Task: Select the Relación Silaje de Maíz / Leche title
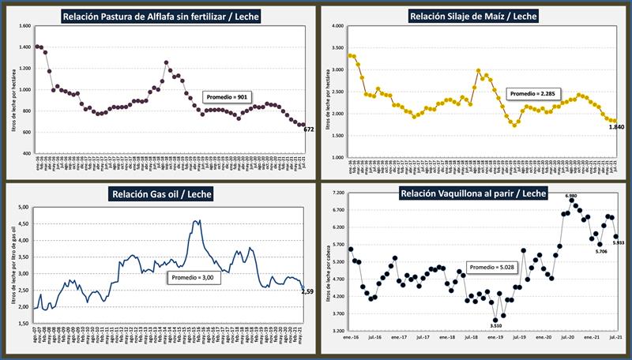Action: pyautogui.click(x=473, y=15)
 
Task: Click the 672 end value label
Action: pyautogui.click(x=309, y=129)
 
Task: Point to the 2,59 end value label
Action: pyautogui.click(x=307, y=292)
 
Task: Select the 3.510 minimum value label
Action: pyautogui.click(x=495, y=325)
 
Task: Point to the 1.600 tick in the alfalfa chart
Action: pyautogui.click(x=23, y=26)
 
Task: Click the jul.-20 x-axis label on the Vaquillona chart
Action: pyautogui.click(x=566, y=337)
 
